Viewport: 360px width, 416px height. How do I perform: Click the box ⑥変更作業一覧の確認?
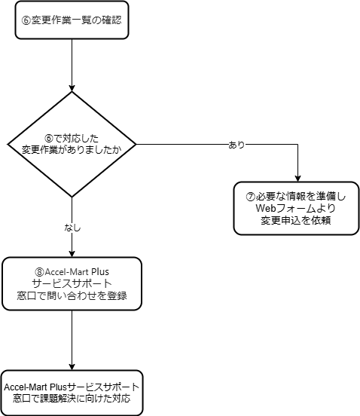tap(72, 20)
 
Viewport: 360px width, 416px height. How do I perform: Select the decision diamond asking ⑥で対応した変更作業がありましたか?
tap(72, 145)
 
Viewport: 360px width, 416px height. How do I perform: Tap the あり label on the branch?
tap(236, 145)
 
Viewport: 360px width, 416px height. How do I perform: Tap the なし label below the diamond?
tap(72, 228)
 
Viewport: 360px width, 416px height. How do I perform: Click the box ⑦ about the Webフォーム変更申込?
tap(297, 208)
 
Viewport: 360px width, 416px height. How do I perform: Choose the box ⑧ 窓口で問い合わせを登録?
tap(72, 283)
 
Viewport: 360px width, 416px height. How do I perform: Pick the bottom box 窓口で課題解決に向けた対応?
tap(72, 393)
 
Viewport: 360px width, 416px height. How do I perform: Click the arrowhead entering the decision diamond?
tap(72, 88)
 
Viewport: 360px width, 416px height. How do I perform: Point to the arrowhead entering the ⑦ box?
tap(297, 179)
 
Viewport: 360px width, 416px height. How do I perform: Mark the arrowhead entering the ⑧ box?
tap(72, 254)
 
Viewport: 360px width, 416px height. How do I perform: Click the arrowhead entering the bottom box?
tap(72, 367)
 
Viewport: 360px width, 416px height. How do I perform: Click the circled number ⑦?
tap(250, 197)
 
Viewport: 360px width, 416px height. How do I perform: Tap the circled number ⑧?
tap(39, 272)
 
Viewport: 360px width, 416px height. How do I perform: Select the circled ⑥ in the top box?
tap(26, 20)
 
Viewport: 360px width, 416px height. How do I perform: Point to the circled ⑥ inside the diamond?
tap(49, 139)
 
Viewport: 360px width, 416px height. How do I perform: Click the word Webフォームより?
tap(296, 208)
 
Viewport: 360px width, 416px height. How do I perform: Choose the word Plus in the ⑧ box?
tap(100, 272)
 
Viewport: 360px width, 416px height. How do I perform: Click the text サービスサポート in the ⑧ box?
tap(72, 283)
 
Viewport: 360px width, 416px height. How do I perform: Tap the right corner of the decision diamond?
tap(136, 145)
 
